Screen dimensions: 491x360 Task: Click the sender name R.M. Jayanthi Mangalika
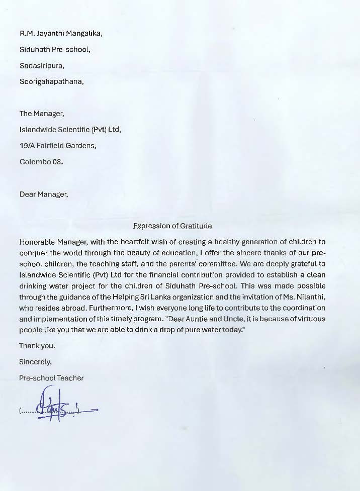coord(61,34)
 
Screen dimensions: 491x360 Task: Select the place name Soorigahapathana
coord(51,81)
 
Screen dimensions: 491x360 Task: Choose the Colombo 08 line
coord(41,162)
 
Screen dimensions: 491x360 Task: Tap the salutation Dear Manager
coord(43,194)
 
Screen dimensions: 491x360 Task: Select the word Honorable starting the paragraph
coord(38,242)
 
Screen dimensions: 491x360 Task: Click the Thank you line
coord(37,346)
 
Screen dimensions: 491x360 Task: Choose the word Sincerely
coord(35,361)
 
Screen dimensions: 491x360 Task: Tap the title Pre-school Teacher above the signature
coord(51,377)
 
